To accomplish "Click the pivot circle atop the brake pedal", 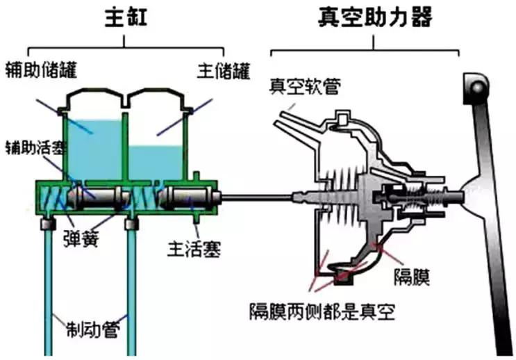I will [476, 88].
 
